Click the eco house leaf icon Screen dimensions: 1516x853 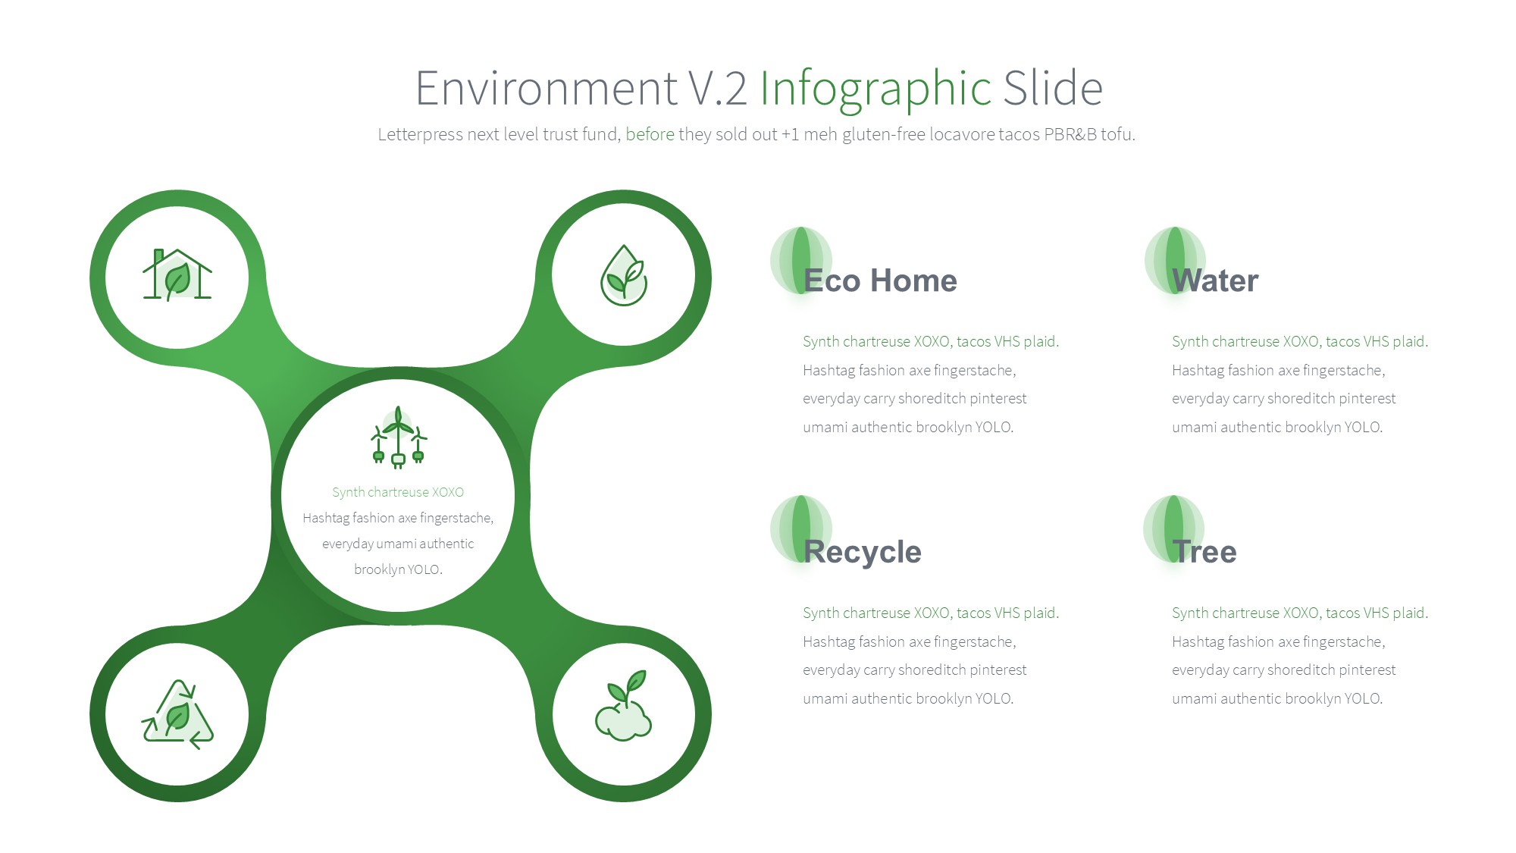click(x=177, y=274)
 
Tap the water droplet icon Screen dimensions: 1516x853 click(x=623, y=275)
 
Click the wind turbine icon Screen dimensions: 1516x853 click(x=398, y=437)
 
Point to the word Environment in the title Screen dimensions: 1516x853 click(x=547, y=88)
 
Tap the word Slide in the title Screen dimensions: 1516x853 click(x=1053, y=88)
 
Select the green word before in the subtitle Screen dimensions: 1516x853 click(x=650, y=134)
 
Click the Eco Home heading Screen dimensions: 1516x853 click(x=880, y=281)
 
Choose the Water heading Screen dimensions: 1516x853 click(x=1215, y=281)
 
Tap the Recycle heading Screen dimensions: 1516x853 click(x=863, y=553)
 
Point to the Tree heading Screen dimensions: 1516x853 click(x=1204, y=551)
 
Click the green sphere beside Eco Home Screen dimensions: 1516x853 click(x=800, y=260)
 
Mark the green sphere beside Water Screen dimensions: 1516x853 click(x=1175, y=260)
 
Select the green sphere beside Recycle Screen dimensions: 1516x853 click(x=800, y=528)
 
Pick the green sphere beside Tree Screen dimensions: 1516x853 click(x=1173, y=528)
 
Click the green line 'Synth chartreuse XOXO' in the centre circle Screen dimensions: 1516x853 click(x=398, y=492)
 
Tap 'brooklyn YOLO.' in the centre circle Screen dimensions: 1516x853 click(x=398, y=569)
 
